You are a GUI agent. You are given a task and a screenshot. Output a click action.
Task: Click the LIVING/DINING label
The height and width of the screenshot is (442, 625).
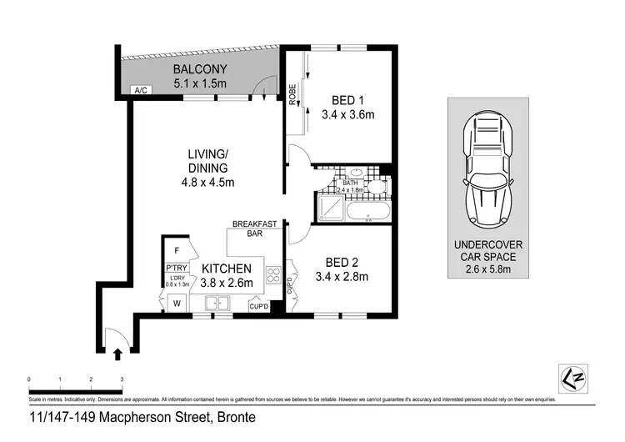tap(207, 161)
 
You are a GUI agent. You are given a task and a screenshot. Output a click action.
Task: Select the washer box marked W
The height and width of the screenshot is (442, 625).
tap(177, 304)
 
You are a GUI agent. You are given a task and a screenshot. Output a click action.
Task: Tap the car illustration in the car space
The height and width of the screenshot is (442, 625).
tap(488, 167)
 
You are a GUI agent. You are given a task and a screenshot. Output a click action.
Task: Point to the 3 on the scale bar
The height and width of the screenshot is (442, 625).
tap(122, 379)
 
